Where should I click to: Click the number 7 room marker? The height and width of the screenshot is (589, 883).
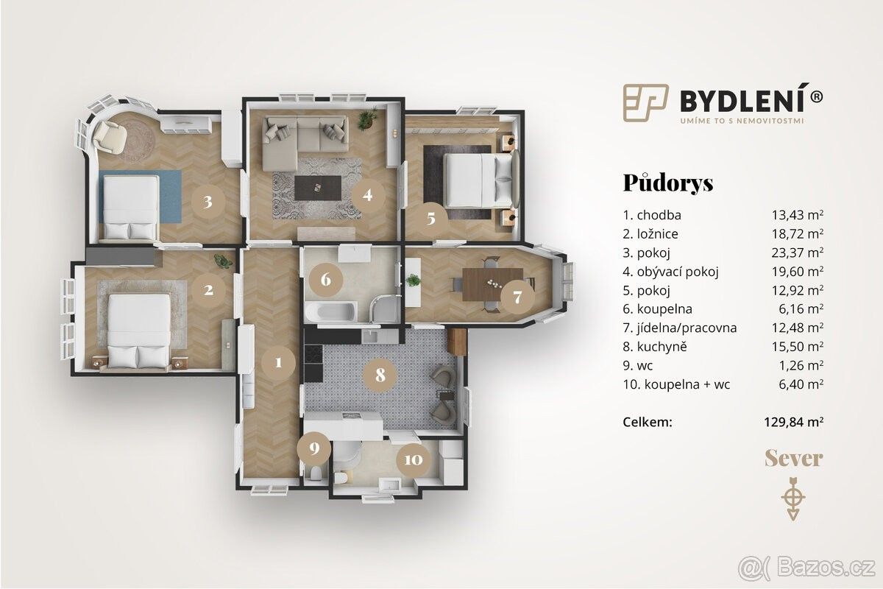[x=517, y=297]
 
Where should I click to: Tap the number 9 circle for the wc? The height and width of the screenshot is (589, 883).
[x=313, y=448]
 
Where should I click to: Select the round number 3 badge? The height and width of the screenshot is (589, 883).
[x=208, y=202]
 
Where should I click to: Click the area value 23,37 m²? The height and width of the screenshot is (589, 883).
[x=798, y=253]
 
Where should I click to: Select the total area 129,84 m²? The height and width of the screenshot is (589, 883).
[x=794, y=422]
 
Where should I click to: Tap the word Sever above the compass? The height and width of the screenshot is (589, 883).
[x=794, y=459]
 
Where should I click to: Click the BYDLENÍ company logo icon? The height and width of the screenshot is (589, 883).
[x=646, y=102]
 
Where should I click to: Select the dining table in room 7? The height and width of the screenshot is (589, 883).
[x=493, y=284]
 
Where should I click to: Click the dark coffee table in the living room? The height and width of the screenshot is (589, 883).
[x=318, y=188]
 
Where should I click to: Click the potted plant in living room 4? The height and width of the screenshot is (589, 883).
[x=366, y=119]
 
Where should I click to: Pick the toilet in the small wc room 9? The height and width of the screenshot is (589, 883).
[x=316, y=473]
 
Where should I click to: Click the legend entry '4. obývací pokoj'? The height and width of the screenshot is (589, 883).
[x=670, y=272]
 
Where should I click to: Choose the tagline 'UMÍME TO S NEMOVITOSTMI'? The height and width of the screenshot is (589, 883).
[x=741, y=121]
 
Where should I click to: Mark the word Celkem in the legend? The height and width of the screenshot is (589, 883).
[x=648, y=422]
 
